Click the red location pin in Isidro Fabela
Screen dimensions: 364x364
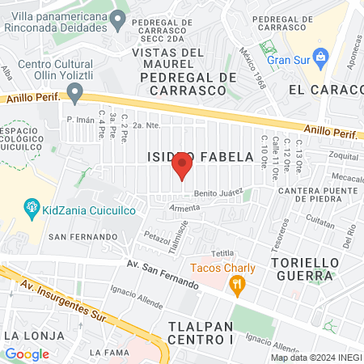[x=182, y=167]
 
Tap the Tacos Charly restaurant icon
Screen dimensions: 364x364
[x=236, y=284]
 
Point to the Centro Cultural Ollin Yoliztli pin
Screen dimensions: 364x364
[x=75, y=94]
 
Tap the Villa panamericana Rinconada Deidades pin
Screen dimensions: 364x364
[x=119, y=19]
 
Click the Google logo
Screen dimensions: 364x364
[x=27, y=353]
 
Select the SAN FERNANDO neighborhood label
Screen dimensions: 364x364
[x=83, y=236]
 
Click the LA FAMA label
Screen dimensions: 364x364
[x=108, y=352]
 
